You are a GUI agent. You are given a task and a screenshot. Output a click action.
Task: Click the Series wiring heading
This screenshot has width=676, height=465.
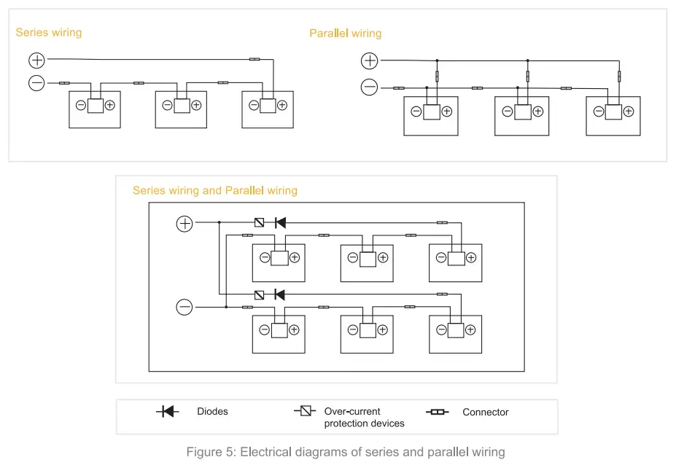point(49,32)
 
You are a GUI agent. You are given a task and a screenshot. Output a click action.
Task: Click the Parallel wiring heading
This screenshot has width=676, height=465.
point(345,34)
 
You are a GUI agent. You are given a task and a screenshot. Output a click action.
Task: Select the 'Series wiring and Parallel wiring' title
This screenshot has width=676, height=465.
point(214,190)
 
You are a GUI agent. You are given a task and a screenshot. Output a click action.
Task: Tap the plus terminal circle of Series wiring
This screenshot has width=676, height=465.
point(36,60)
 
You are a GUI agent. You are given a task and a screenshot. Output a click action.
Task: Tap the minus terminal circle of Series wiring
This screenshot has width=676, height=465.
point(36,83)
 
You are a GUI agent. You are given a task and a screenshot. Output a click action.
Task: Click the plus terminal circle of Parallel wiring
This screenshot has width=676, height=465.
point(370,61)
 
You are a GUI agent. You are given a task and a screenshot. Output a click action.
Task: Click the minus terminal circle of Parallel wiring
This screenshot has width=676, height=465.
point(370,88)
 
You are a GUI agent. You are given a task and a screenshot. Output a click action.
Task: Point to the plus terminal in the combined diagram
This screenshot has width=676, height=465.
point(184,223)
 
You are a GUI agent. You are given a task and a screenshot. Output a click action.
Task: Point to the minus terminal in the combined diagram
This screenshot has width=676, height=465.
point(184,307)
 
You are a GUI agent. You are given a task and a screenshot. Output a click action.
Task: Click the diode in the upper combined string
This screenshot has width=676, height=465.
point(279,222)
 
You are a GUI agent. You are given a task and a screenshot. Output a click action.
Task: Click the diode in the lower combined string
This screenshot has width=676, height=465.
point(279,294)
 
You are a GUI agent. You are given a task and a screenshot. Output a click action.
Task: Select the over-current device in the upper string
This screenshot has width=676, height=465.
point(260,222)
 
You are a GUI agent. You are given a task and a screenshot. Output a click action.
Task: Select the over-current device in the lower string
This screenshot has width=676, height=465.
point(260,294)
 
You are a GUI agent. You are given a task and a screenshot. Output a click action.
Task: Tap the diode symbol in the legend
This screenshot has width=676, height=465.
point(168,412)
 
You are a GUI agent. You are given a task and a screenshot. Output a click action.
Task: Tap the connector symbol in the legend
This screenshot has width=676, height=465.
point(437,413)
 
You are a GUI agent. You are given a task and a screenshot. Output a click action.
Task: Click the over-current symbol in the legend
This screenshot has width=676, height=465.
point(306,412)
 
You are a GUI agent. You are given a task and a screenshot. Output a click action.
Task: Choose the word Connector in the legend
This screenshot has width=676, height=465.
point(485,413)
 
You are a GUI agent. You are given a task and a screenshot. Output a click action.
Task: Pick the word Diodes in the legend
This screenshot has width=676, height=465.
point(212,412)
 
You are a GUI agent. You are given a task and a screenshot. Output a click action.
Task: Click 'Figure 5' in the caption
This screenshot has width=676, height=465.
point(209,452)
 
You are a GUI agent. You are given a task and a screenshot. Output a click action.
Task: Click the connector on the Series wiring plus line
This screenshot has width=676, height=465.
point(255,59)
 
